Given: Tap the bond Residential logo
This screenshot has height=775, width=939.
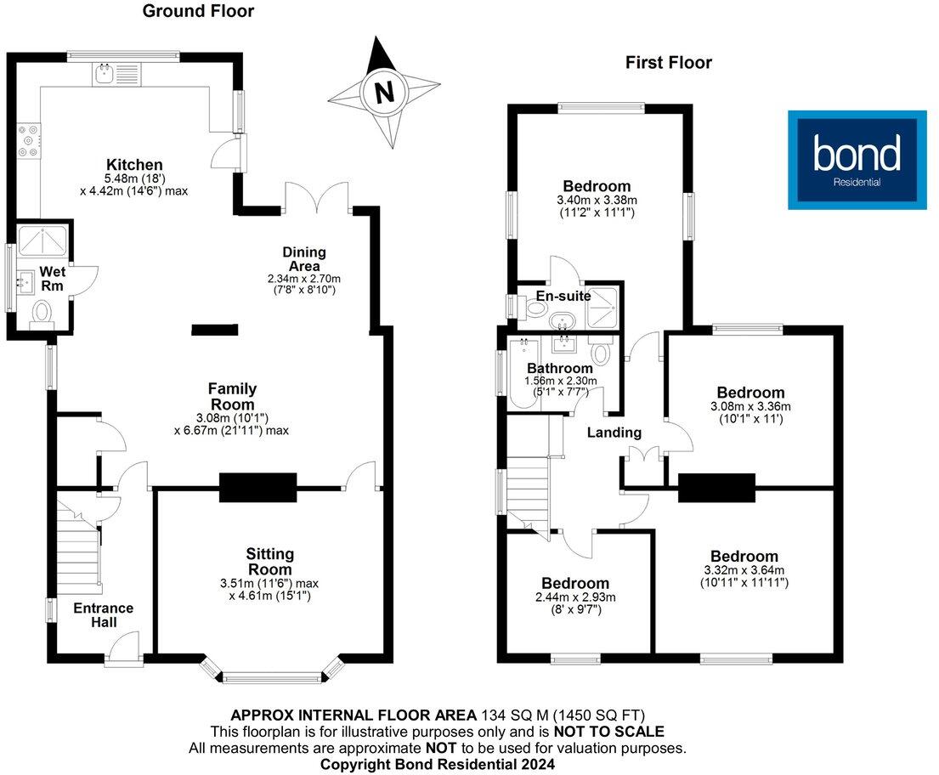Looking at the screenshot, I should (x=857, y=159).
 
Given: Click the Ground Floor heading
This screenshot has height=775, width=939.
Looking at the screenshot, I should (x=198, y=11).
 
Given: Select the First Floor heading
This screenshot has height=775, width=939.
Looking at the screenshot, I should (x=668, y=62).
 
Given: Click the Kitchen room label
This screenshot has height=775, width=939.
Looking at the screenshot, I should (x=134, y=165).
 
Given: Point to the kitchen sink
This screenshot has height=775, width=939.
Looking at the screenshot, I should (x=107, y=74).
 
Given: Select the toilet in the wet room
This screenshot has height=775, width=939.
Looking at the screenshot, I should (x=40, y=315).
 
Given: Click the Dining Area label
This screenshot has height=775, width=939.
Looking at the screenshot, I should (x=304, y=259).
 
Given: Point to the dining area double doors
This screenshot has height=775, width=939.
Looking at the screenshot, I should (x=317, y=196).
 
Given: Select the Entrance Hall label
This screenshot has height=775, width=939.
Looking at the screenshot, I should (x=103, y=615).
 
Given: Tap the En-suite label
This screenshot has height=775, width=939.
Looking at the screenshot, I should (x=563, y=297).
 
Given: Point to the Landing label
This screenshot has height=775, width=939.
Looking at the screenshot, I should (x=614, y=433).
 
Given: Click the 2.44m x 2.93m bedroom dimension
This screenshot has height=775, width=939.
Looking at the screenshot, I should (x=575, y=597).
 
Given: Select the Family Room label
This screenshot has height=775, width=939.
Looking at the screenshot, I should (x=232, y=396).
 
